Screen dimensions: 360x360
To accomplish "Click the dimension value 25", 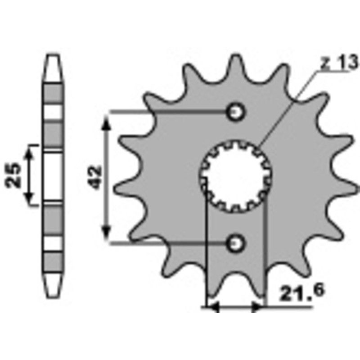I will pos(13,175).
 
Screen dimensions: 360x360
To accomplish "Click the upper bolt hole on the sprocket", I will pos(235,111).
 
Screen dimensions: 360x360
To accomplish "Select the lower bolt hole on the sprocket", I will pos(235,243).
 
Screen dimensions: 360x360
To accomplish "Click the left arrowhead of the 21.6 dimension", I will pos(212,307).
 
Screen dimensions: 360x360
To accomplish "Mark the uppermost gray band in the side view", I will pos(53,94).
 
